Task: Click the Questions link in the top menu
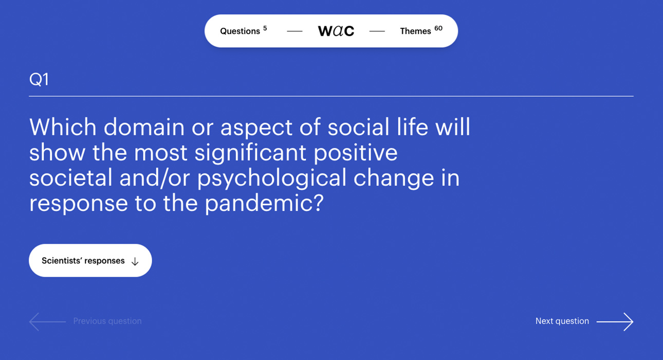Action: click(x=240, y=31)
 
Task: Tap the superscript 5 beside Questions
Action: click(x=265, y=28)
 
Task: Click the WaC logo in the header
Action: click(x=336, y=31)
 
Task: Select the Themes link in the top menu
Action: click(x=415, y=31)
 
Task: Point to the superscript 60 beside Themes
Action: click(x=438, y=28)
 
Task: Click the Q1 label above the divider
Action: click(x=39, y=79)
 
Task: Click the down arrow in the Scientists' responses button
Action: click(x=135, y=261)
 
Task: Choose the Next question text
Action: click(x=562, y=321)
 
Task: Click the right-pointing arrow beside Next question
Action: click(x=615, y=321)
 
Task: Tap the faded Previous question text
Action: click(x=107, y=321)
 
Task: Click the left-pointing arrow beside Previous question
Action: click(x=47, y=321)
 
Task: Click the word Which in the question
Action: click(x=63, y=127)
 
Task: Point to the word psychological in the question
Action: click(x=272, y=178)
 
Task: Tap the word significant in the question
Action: click(x=250, y=153)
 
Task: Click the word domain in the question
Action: click(x=144, y=127)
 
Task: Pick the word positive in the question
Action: click(x=356, y=153)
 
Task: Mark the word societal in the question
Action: click(x=71, y=178)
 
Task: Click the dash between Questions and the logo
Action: click(x=295, y=31)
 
